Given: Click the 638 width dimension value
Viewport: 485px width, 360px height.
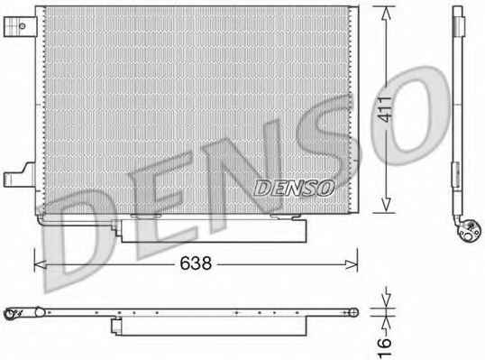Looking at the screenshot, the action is coord(196,263).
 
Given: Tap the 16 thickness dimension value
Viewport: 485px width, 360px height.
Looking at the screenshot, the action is coord(385,347).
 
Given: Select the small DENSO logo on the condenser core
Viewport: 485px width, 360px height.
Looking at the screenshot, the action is coord(294,188).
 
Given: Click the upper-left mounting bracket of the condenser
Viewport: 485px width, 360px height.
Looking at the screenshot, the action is coord(20,26).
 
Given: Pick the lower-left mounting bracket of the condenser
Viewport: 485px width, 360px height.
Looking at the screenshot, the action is coord(20,176).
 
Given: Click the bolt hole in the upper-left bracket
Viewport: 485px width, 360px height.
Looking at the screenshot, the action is coord(22,26).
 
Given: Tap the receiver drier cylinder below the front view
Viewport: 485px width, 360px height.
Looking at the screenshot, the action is coord(214,231).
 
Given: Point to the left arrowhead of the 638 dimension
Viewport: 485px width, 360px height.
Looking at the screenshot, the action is coord(40,264).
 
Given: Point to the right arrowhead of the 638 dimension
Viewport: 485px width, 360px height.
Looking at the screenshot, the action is coord(352,264).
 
